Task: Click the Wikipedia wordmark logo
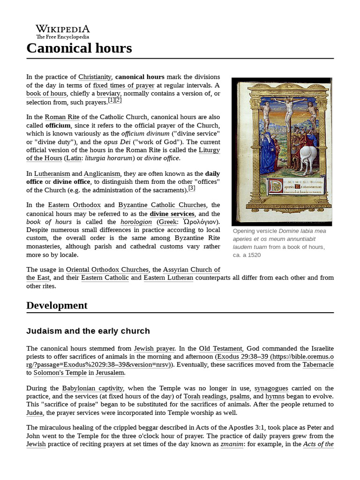click(x=62, y=31)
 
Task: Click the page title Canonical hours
click(x=79, y=48)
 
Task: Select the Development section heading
click(x=57, y=305)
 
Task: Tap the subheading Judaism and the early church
click(x=88, y=331)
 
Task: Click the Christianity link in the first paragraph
click(x=95, y=76)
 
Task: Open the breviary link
click(x=108, y=94)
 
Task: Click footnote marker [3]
click(x=192, y=188)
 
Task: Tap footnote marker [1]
click(x=111, y=100)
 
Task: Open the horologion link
click(x=136, y=222)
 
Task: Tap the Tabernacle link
click(x=318, y=364)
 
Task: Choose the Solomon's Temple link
click(x=60, y=373)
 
